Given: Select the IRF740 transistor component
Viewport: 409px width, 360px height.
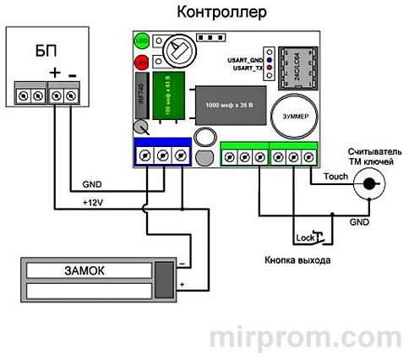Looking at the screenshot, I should (x=141, y=93).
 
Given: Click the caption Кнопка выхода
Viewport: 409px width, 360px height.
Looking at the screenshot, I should (x=297, y=261).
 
